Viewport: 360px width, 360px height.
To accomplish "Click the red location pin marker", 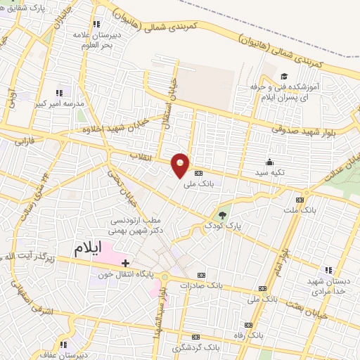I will tap(181, 165).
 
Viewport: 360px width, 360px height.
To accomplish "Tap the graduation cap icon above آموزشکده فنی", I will tap(284, 77).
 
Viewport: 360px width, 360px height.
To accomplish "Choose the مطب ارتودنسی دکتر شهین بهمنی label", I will tap(136, 226).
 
